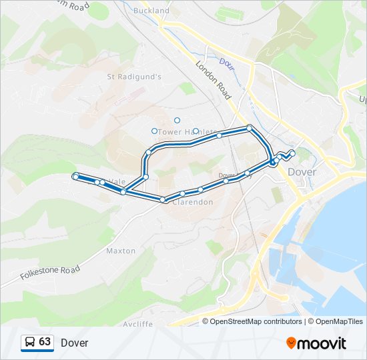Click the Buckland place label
click(x=151, y=11)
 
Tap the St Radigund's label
click(x=135, y=77)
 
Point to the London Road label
click(x=214, y=81)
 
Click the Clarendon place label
click(x=193, y=202)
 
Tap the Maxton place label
click(x=121, y=251)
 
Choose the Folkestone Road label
click(x=50, y=272)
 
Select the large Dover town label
click(x=302, y=172)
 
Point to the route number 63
click(x=45, y=342)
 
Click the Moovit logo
click(x=316, y=343)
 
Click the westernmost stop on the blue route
click(x=75, y=176)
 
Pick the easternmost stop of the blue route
click(x=292, y=153)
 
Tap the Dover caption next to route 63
click(x=74, y=343)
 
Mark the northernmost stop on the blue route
click(x=249, y=127)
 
